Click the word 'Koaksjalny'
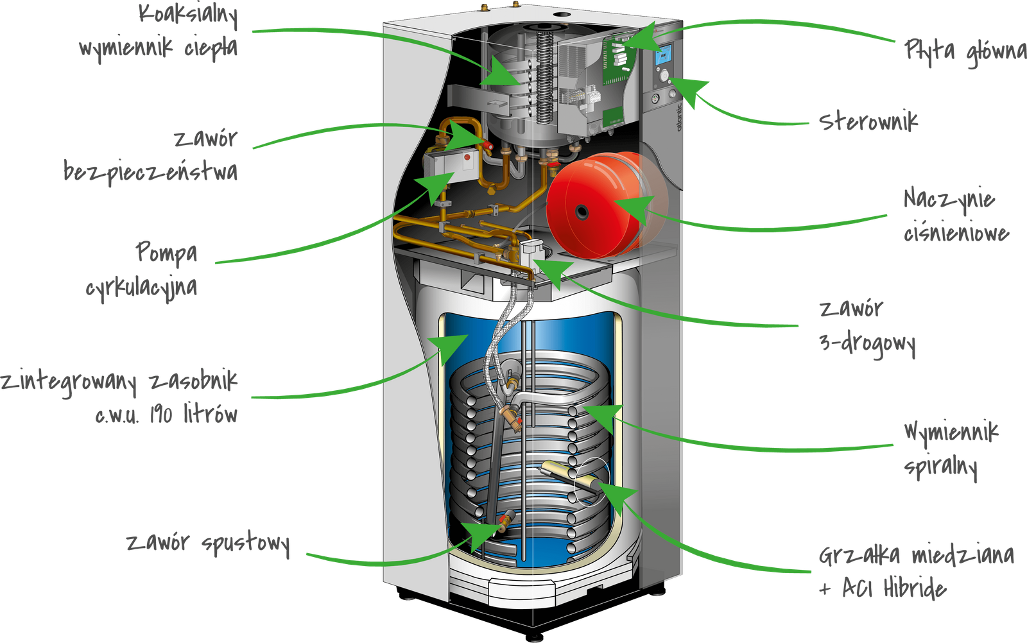[x=188, y=15]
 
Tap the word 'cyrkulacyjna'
[x=141, y=286]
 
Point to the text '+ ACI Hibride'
[x=883, y=588]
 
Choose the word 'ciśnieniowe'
[x=956, y=232]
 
